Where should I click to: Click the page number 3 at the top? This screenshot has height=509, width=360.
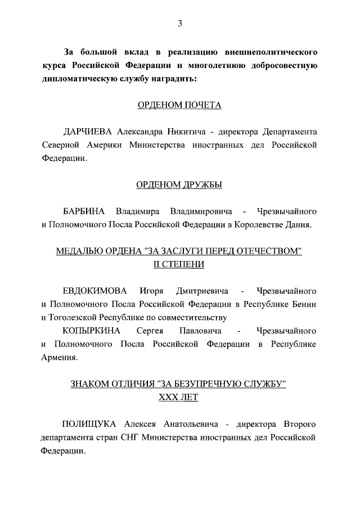click(179, 23)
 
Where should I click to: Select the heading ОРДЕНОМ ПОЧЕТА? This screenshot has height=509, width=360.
click(179, 105)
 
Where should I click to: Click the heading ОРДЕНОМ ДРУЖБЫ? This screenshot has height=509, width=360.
click(179, 184)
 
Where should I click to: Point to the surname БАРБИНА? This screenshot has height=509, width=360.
click(84, 211)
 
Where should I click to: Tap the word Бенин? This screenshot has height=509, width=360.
click(304, 304)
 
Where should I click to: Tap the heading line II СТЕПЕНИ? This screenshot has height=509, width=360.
click(179, 264)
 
